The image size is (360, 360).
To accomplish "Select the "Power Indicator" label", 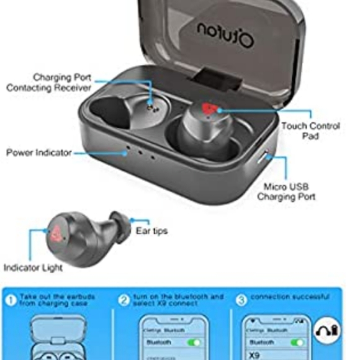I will pos(38,152).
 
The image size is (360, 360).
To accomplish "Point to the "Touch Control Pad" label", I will pos(310,130).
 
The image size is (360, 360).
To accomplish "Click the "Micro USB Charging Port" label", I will pos(286,191).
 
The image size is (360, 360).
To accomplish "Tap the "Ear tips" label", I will pos(151,231).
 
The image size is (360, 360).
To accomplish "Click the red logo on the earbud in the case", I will pos(210,110).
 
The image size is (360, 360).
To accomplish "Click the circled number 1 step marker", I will pos(11,300).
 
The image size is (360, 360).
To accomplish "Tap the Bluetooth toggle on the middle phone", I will pos(194,341).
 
